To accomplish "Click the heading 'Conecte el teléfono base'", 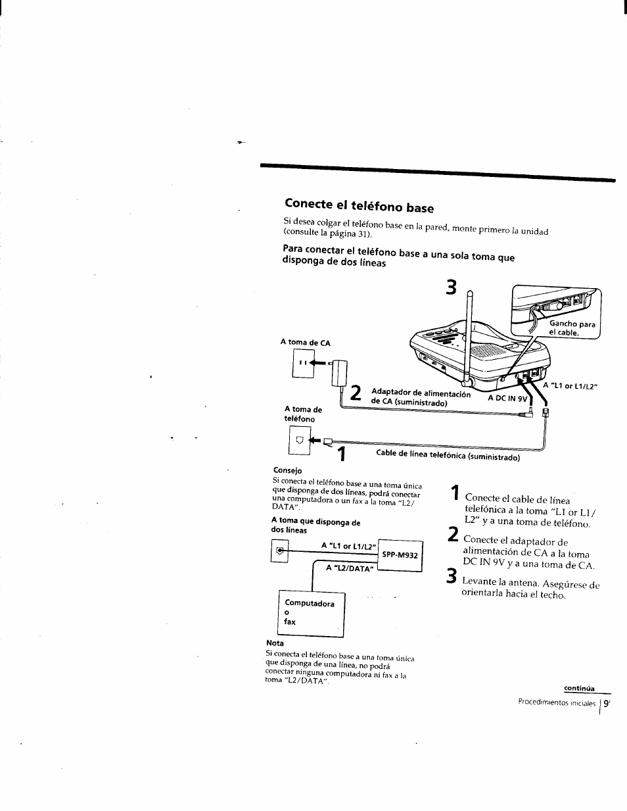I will click(359, 207).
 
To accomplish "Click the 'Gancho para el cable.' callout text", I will click(571, 328).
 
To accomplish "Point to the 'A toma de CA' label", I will click(305, 343).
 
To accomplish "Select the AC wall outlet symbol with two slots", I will click(303, 363).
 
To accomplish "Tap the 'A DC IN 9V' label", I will click(507, 399).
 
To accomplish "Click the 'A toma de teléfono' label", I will click(303, 414).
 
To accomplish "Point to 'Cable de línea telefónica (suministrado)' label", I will click(448, 455).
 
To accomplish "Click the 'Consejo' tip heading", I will click(287, 470).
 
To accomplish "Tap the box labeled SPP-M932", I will click(400, 554).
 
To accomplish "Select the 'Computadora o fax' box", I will click(312, 614).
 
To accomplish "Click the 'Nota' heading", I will click(275, 643).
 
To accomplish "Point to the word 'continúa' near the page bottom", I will click(578, 689).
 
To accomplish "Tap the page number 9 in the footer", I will click(606, 702).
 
